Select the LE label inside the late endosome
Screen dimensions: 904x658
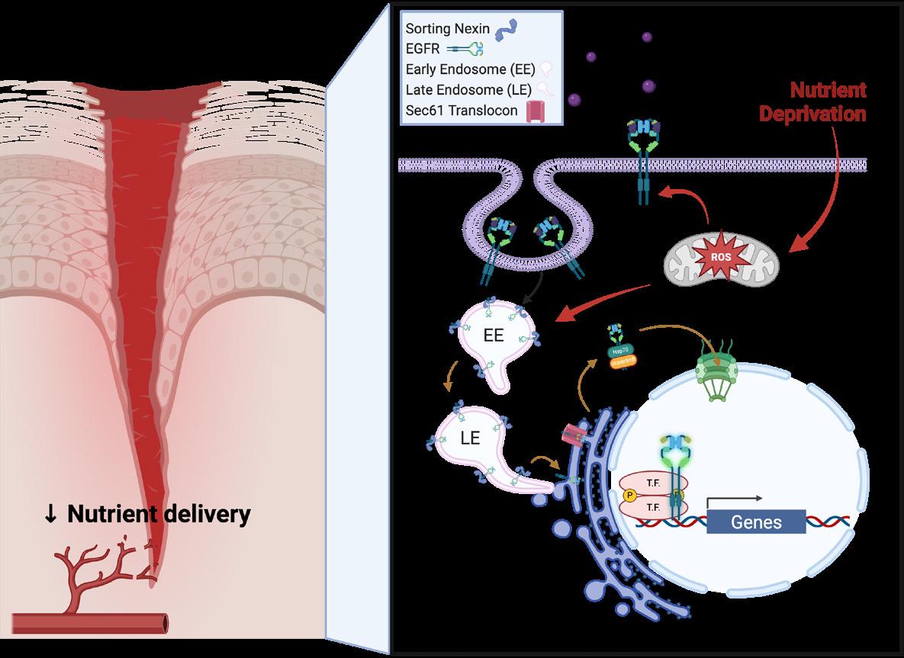[x=470, y=438]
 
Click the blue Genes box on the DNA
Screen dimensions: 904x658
[x=756, y=522]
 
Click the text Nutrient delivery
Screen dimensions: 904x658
[x=159, y=514]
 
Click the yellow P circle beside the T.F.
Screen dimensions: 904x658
[x=630, y=495]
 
